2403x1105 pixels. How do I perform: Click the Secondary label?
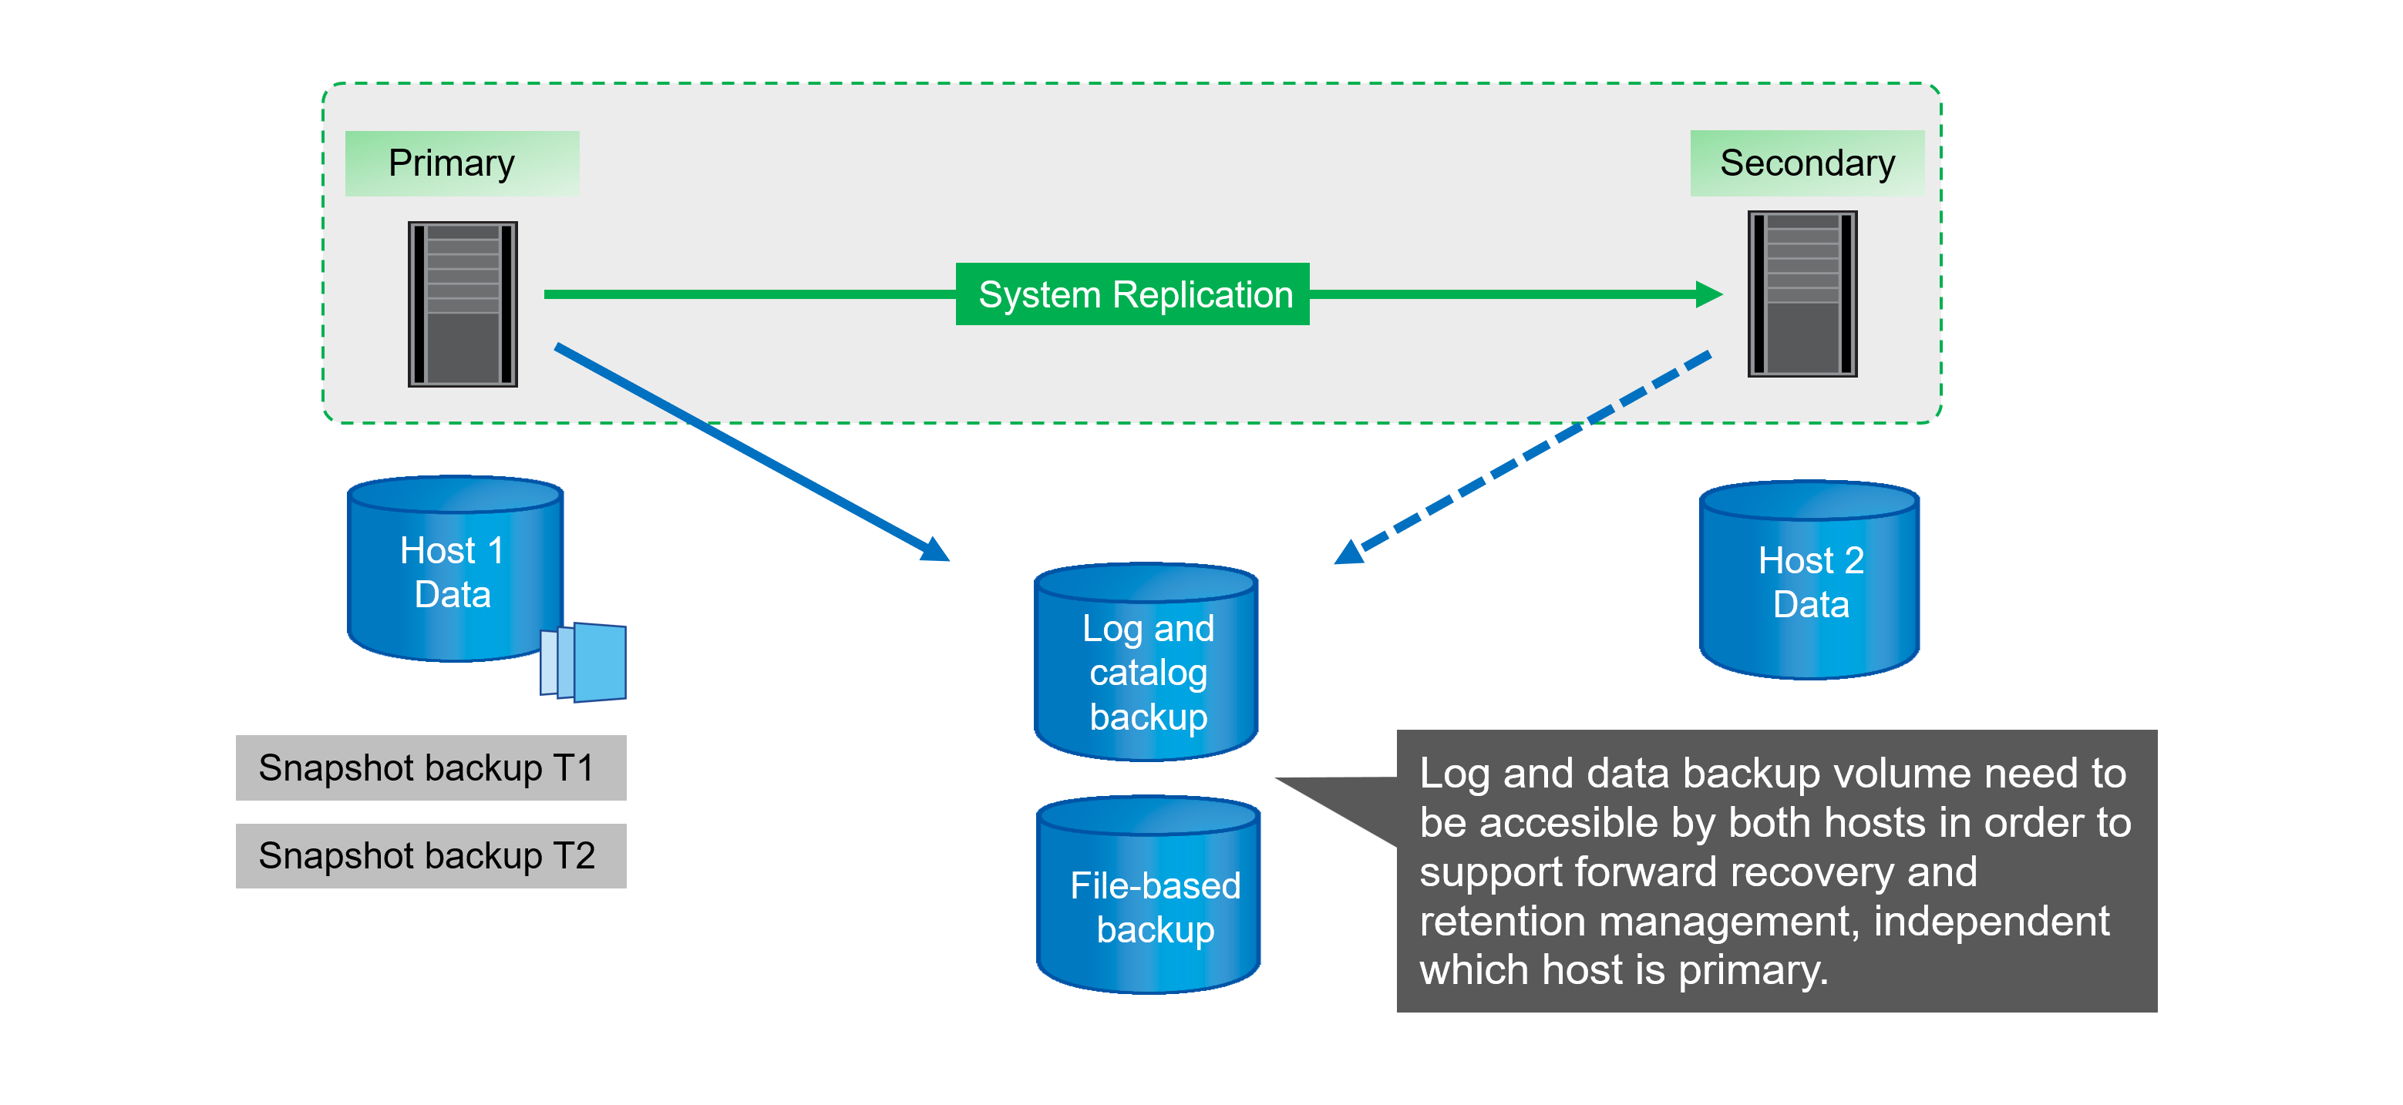tap(1806, 163)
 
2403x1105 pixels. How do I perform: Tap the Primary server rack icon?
tap(463, 304)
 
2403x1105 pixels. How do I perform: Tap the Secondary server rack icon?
tap(1802, 294)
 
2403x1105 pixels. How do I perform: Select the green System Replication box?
tap(1133, 294)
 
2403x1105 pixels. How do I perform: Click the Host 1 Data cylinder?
tap(455, 571)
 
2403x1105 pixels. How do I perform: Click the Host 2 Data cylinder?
tap(1809, 581)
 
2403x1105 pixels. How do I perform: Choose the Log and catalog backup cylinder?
tap(1146, 664)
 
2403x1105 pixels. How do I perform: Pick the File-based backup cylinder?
tap(1149, 897)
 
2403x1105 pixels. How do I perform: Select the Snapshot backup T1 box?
tap(431, 767)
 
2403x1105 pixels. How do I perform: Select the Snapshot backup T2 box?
tap(431, 855)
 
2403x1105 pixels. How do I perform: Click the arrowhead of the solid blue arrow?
tap(936, 550)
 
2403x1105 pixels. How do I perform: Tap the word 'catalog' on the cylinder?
tap(1149, 673)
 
